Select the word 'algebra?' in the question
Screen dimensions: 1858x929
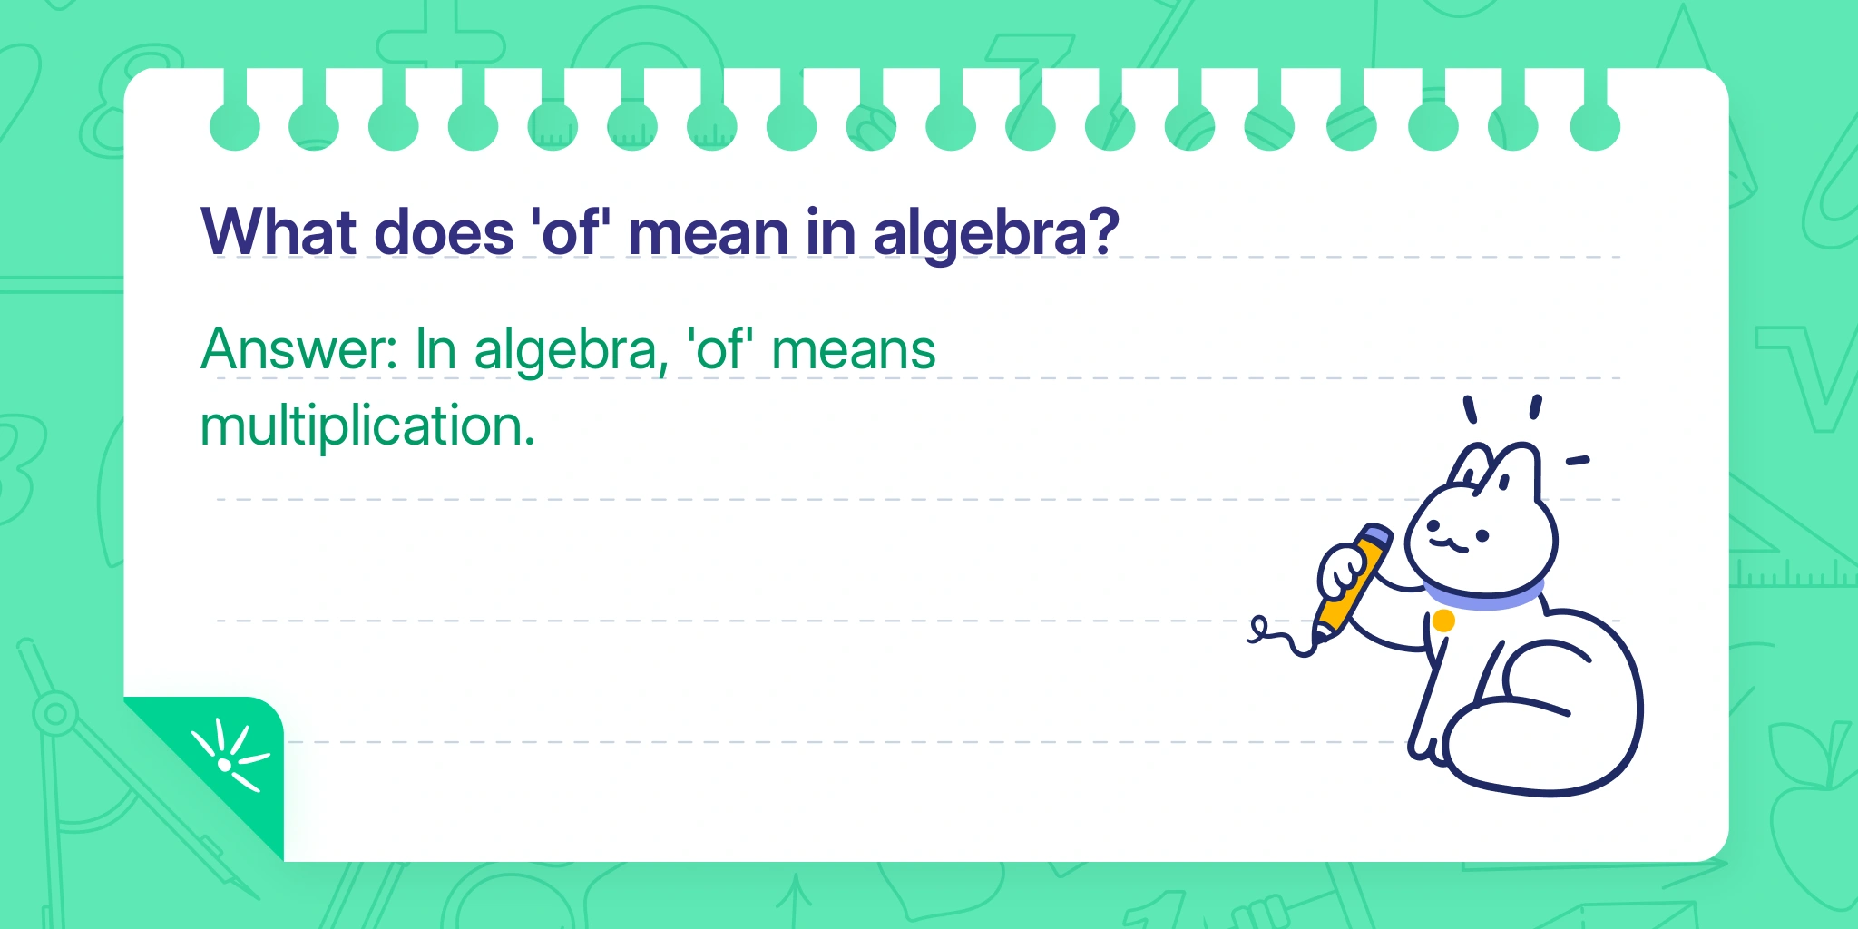point(996,235)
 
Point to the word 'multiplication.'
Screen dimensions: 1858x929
point(367,425)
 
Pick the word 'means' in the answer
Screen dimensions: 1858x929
point(853,352)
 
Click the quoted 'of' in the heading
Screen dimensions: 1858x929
point(571,231)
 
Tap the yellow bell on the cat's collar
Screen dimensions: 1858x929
point(1443,621)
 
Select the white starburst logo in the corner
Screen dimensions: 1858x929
point(229,757)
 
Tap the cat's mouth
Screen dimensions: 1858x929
point(1448,544)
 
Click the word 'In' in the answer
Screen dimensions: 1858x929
point(435,349)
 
